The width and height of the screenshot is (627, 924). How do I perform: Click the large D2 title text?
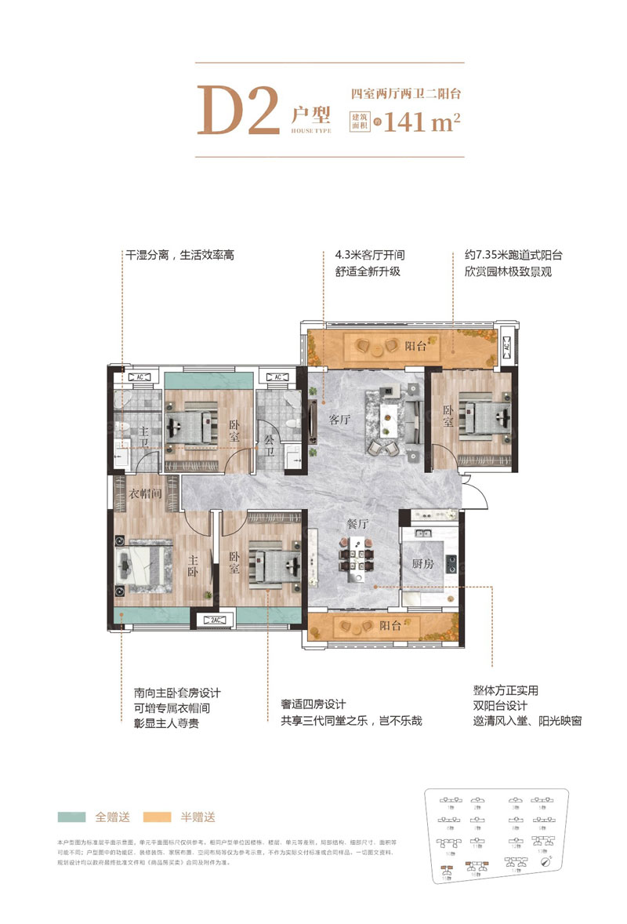239,111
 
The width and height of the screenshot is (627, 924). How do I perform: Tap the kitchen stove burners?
451,562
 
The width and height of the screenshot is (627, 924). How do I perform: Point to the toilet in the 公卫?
291,424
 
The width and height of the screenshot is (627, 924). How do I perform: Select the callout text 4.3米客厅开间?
369,256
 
